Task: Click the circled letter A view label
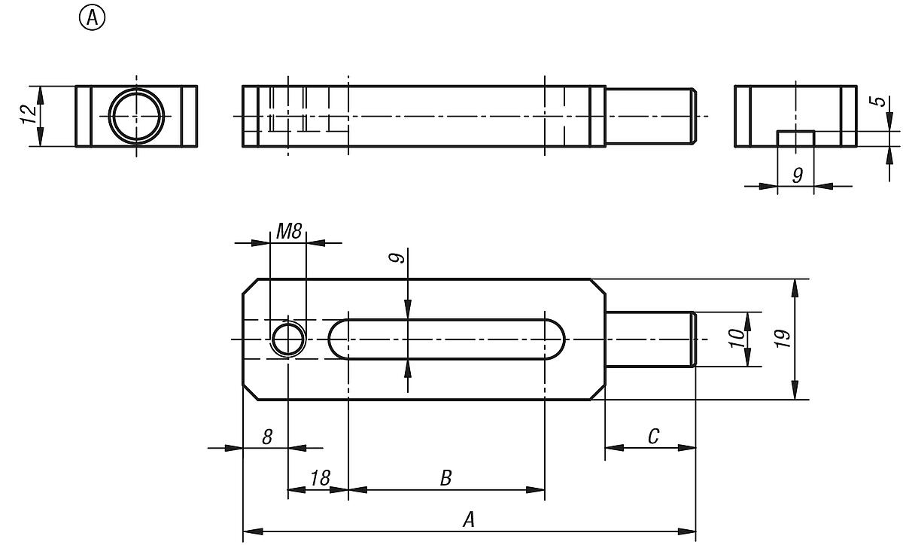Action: pos(93,19)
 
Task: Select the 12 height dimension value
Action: pos(28,115)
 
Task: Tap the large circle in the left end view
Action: pos(136,116)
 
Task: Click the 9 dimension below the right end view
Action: pos(797,175)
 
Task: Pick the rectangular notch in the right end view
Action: pos(795,139)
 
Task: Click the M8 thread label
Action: pos(288,232)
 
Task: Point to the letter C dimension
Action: pos(653,436)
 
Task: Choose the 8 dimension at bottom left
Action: pos(266,437)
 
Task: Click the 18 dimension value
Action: pos(319,479)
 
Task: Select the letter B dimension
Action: pos(445,479)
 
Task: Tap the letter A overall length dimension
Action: pos(469,520)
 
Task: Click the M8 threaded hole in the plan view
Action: pos(287,339)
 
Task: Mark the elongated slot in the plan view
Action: pos(447,339)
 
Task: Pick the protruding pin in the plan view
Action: pos(650,339)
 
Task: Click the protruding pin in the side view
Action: pos(650,115)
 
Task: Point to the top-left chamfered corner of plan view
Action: pos(251,287)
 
